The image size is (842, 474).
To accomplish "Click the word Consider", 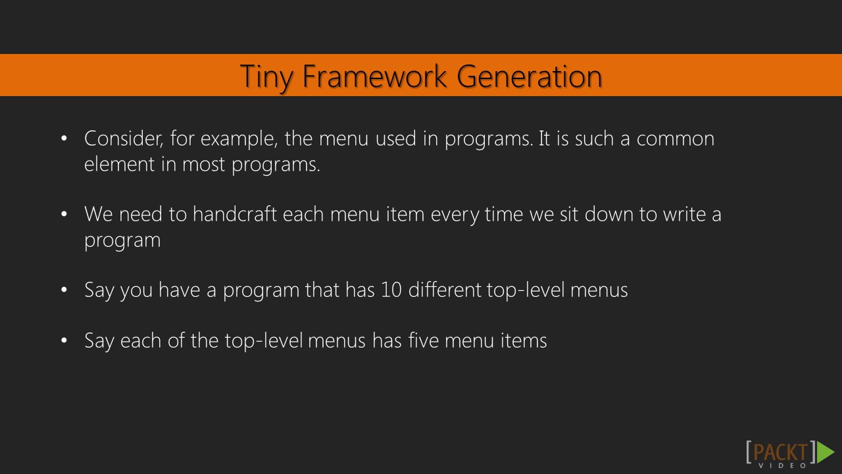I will (x=124, y=139).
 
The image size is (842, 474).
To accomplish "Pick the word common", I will (x=675, y=139).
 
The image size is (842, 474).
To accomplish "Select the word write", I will (x=684, y=215).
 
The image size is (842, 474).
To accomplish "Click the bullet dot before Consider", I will (x=64, y=139).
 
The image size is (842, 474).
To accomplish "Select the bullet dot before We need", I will (x=64, y=215).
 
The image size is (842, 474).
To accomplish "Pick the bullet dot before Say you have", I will (x=64, y=290).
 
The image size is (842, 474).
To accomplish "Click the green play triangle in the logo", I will (x=825, y=452).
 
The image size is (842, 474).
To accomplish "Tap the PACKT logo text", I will (x=781, y=452).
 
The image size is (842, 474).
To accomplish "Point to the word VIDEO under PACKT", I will (x=783, y=465).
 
